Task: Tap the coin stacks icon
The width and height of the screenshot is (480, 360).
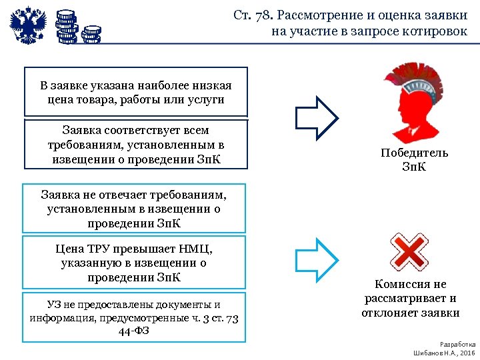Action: coord(76,27)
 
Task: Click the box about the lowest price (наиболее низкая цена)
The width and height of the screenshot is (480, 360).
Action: coord(135,93)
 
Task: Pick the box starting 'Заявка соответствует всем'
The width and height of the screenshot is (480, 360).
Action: coord(135,145)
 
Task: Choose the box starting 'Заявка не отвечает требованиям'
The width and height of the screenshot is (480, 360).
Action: coord(134,208)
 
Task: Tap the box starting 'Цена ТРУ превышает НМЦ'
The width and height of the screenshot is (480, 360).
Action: coord(134,263)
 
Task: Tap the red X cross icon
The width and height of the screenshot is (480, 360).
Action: coord(409,251)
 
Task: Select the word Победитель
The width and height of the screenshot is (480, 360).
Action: coord(414,153)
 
